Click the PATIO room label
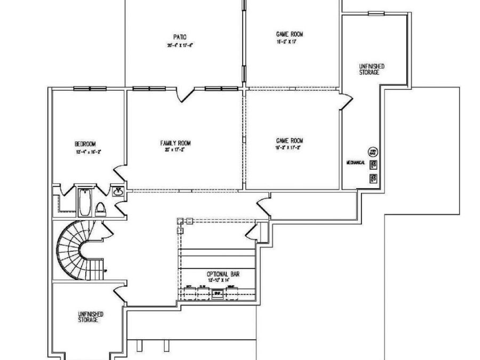pos(180,37)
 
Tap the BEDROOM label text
pos(85,144)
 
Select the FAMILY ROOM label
pos(175,143)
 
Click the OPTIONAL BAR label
pos(223,274)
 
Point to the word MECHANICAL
pos(355,162)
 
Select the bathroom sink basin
pos(118,192)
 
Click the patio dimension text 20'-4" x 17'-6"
pos(179,45)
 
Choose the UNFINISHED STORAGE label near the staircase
pos(89,317)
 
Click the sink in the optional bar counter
pos(218,293)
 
